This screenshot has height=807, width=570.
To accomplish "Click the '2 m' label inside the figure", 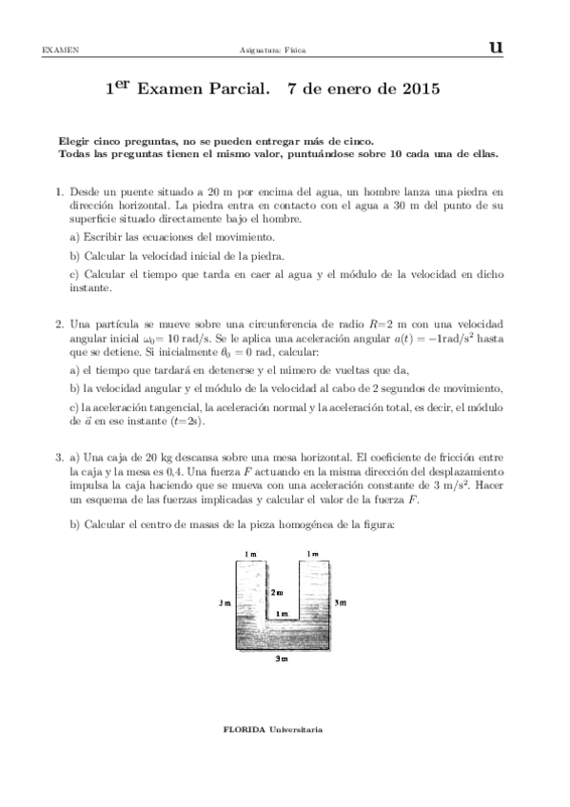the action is click(x=277, y=593).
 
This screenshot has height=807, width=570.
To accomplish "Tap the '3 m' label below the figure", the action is click(x=282, y=659).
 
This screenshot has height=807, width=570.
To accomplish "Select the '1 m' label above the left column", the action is click(x=249, y=554).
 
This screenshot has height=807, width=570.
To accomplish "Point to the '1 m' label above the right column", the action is click(x=312, y=554).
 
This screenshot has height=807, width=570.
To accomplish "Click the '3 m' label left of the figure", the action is click(x=223, y=602).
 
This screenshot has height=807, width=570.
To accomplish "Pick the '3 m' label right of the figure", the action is click(x=341, y=602).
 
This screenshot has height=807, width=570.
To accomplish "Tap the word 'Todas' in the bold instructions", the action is click(x=73, y=151).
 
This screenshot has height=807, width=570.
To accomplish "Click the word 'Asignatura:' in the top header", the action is click(x=269, y=49).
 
